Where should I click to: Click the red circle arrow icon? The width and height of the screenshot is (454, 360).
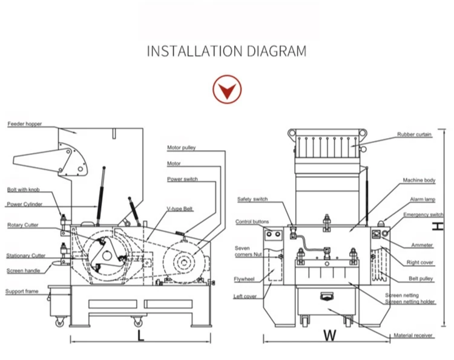tap(227, 91)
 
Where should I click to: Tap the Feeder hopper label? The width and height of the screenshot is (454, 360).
tap(25, 124)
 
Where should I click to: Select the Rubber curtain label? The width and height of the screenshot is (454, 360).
tap(415, 134)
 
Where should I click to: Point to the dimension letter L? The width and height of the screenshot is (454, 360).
tap(140, 335)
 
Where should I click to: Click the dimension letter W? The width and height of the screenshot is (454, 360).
tap(329, 335)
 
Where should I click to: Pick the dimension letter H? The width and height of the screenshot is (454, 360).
tap(439, 226)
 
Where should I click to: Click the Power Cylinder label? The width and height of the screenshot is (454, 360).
tap(23, 205)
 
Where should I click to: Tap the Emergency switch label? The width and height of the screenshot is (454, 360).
tap(423, 215)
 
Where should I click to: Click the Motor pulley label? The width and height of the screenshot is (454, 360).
tap(182, 148)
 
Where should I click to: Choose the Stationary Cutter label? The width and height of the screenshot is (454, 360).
tap(26, 256)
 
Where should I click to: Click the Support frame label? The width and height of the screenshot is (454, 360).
tap(22, 292)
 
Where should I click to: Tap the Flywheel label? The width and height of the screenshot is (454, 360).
tap(244, 279)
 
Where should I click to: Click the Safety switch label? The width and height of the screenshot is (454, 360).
tap(252, 199)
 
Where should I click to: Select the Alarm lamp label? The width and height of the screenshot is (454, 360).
tap(416, 200)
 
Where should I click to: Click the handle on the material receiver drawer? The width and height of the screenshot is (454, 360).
tap(327, 296)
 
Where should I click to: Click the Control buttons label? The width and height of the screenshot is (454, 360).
tap(252, 222)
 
